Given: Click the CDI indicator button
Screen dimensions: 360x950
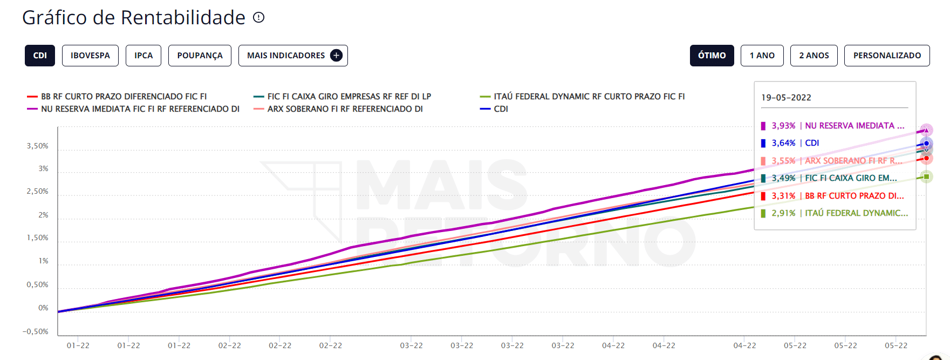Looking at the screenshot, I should (x=40, y=56).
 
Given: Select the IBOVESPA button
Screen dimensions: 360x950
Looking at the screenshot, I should (x=90, y=56).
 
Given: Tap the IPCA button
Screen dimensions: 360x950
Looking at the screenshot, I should (x=143, y=56).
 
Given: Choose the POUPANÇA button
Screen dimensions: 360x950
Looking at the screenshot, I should (x=200, y=56).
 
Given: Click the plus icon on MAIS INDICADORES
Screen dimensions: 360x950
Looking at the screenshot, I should (x=336, y=56).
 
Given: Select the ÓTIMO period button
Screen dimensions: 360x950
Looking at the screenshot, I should (x=712, y=56).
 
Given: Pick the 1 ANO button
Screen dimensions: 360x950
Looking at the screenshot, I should (x=762, y=56).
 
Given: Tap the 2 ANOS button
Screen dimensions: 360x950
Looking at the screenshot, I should (x=814, y=56).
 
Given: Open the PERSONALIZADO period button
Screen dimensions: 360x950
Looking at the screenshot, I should (x=887, y=56).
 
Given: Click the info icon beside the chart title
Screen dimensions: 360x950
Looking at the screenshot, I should (x=259, y=17).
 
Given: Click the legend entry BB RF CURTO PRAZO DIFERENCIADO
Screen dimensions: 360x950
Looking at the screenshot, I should (x=124, y=97).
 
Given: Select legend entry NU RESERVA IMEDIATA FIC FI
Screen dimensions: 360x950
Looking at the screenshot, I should (x=140, y=109).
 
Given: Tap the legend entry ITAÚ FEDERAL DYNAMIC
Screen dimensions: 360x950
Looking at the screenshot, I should (x=589, y=97).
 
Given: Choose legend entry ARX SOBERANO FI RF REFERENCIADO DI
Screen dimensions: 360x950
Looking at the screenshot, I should (x=345, y=109).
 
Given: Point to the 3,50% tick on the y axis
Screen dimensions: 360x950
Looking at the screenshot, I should (x=38, y=146).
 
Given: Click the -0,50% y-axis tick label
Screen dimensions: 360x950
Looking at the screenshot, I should (x=36, y=331).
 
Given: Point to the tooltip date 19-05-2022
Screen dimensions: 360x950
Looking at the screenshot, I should (x=786, y=98).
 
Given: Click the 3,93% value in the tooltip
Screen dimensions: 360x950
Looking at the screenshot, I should (x=783, y=126).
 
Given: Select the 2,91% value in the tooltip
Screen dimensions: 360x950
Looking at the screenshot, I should (x=783, y=213).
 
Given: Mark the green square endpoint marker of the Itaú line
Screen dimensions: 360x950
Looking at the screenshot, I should (x=926, y=176).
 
